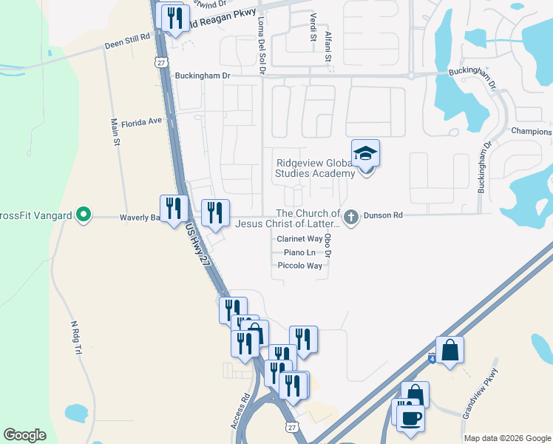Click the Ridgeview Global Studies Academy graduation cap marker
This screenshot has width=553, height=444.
pyautogui.click(x=365, y=154)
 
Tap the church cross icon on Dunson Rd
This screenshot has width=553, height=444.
pyautogui.click(x=351, y=216)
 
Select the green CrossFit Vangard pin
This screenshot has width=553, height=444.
pyautogui.click(x=84, y=216)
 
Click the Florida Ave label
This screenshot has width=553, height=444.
pyautogui.click(x=141, y=121)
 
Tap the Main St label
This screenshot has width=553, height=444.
pyautogui.click(x=115, y=132)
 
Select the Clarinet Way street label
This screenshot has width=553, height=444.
pyautogui.click(x=299, y=239)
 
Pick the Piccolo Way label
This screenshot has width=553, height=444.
pyautogui.click(x=299, y=266)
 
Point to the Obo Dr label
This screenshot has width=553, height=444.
pyautogui.click(x=328, y=244)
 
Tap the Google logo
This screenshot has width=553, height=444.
pyautogui.click(x=24, y=435)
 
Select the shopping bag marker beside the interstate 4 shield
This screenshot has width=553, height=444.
pyautogui.click(x=449, y=350)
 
